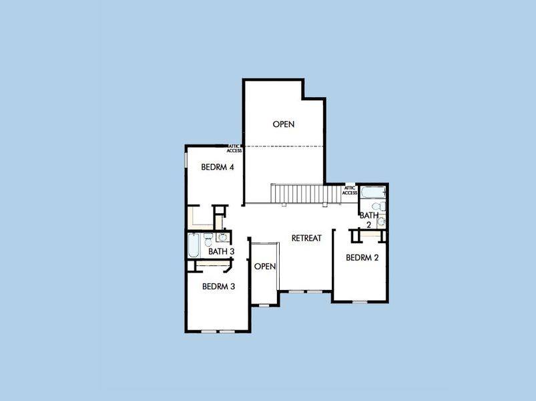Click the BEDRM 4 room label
point(217,167)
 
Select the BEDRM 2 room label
point(362,257)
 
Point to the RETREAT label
point(306,238)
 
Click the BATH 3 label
point(221,252)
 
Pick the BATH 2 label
point(368,220)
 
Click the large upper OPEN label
point(283,124)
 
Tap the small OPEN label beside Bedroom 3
point(265,266)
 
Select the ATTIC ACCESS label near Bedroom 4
point(234,148)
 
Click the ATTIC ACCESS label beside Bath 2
point(350,190)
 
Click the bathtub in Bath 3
point(193,245)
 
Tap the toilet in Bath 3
point(208,239)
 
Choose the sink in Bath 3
point(222,237)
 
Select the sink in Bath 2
point(381,222)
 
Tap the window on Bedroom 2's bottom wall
point(360,302)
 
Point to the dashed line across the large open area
point(283,146)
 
